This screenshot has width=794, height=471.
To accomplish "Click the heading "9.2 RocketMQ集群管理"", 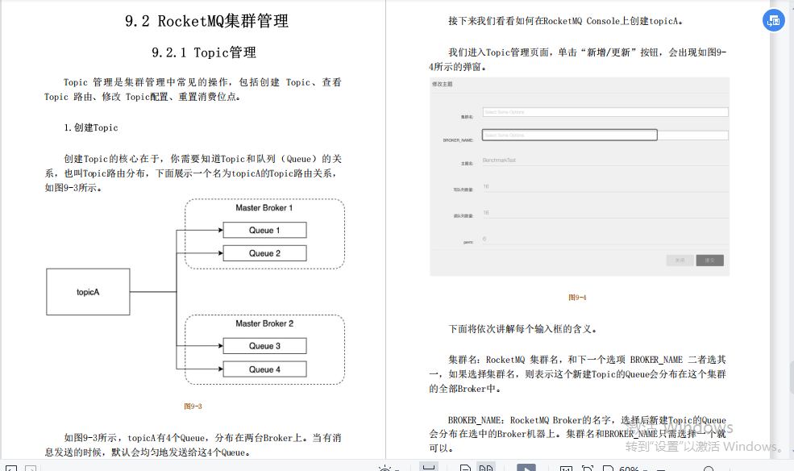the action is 206,22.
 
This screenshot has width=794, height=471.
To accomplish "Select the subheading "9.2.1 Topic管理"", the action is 204,53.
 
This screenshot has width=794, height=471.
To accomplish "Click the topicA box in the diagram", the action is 88,291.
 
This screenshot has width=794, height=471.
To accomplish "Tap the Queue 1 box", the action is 264,230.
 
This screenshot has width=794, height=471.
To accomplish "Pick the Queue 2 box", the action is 264,253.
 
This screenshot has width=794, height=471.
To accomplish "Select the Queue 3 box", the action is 264,346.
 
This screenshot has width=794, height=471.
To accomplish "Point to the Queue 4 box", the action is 264,369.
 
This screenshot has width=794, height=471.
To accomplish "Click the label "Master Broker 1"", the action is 264,208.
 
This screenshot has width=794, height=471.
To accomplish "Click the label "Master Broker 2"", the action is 264,323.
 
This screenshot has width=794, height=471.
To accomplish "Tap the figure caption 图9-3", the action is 193,406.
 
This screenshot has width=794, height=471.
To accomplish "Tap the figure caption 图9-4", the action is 577,298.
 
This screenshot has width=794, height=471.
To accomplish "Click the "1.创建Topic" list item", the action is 91,127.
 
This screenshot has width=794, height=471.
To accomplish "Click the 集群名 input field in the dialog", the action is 605,112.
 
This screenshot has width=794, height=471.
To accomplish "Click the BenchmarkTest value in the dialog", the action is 499,160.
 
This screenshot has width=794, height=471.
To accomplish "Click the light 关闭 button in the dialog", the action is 680,261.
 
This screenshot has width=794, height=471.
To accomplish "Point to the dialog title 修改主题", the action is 443,84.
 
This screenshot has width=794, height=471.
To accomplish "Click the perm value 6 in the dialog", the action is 484,239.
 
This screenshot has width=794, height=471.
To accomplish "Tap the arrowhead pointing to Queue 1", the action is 219,231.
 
